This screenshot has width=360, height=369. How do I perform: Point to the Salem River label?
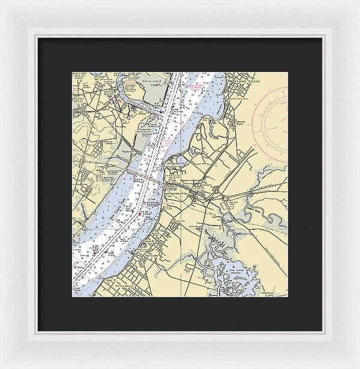point(267,211)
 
